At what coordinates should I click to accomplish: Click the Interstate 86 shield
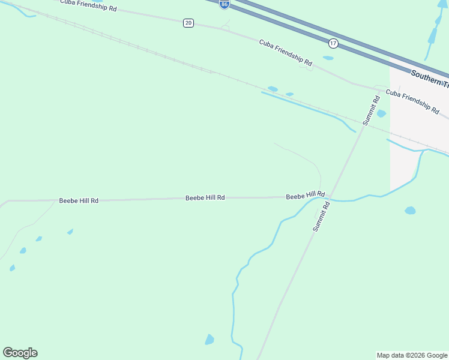click(x=224, y=4)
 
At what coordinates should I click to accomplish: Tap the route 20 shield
click(x=188, y=23)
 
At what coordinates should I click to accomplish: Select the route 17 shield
click(x=333, y=43)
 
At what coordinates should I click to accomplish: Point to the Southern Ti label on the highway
click(x=429, y=77)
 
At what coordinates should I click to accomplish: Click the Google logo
click(x=20, y=353)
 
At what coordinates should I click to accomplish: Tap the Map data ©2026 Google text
click(x=412, y=355)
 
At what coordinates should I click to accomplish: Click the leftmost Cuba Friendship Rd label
click(x=88, y=5)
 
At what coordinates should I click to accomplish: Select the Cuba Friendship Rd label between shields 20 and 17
click(x=286, y=53)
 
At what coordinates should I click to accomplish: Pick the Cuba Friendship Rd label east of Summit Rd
click(x=412, y=101)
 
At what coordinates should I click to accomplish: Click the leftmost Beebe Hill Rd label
click(x=79, y=200)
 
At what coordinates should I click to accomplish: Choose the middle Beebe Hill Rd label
click(x=205, y=197)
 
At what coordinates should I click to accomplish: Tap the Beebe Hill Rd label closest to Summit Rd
click(x=305, y=196)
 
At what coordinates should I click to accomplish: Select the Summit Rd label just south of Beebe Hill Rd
click(x=322, y=216)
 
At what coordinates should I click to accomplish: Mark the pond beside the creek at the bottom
click(x=209, y=340)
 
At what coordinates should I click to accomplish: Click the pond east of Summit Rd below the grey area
click(x=410, y=211)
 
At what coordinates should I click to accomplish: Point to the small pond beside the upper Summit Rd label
click(x=381, y=113)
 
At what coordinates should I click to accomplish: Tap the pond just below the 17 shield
click(x=328, y=58)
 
